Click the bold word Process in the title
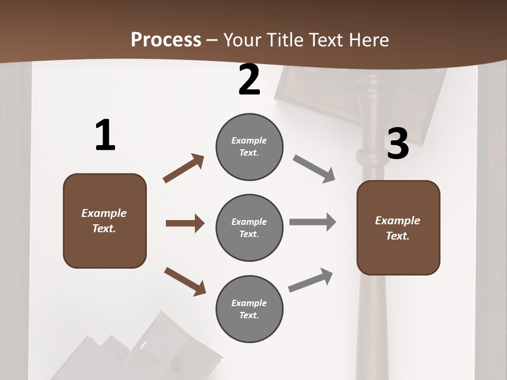166,40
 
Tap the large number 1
105,136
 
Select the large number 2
249,80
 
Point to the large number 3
398,144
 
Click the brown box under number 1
105,221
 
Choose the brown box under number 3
398,227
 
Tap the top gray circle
249,147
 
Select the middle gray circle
249,227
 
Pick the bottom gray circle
249,309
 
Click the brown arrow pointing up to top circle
184,168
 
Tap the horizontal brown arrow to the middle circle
185,223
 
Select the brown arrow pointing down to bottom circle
185,281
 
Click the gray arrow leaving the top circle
314,169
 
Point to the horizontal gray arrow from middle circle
312,222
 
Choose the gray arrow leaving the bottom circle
311,280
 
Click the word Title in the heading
286,40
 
